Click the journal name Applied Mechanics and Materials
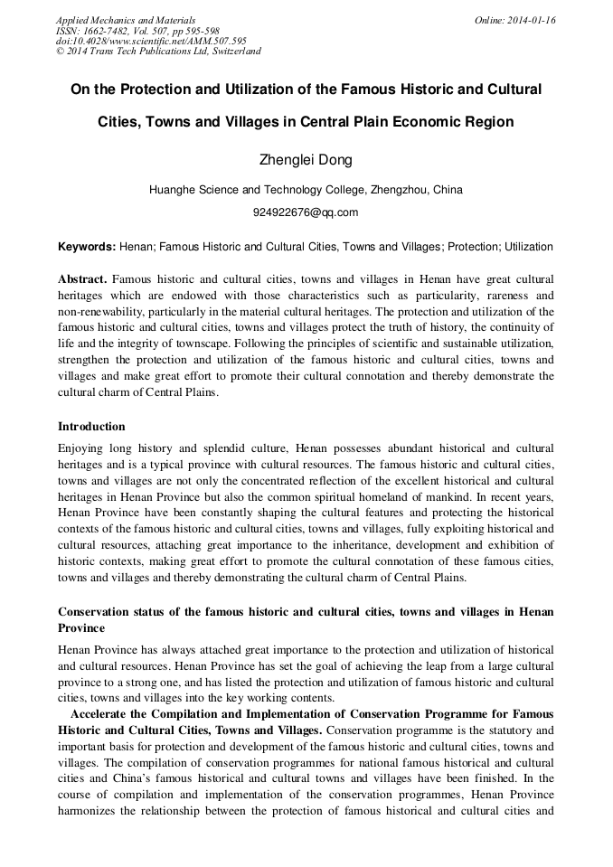click(x=126, y=20)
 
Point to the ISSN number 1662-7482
click(x=109, y=31)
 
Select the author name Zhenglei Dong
click(x=306, y=160)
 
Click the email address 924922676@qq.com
click(x=306, y=212)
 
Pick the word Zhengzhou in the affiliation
click(x=393, y=190)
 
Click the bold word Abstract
click(x=82, y=279)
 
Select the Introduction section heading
click(x=91, y=426)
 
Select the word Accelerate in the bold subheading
click(x=105, y=713)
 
